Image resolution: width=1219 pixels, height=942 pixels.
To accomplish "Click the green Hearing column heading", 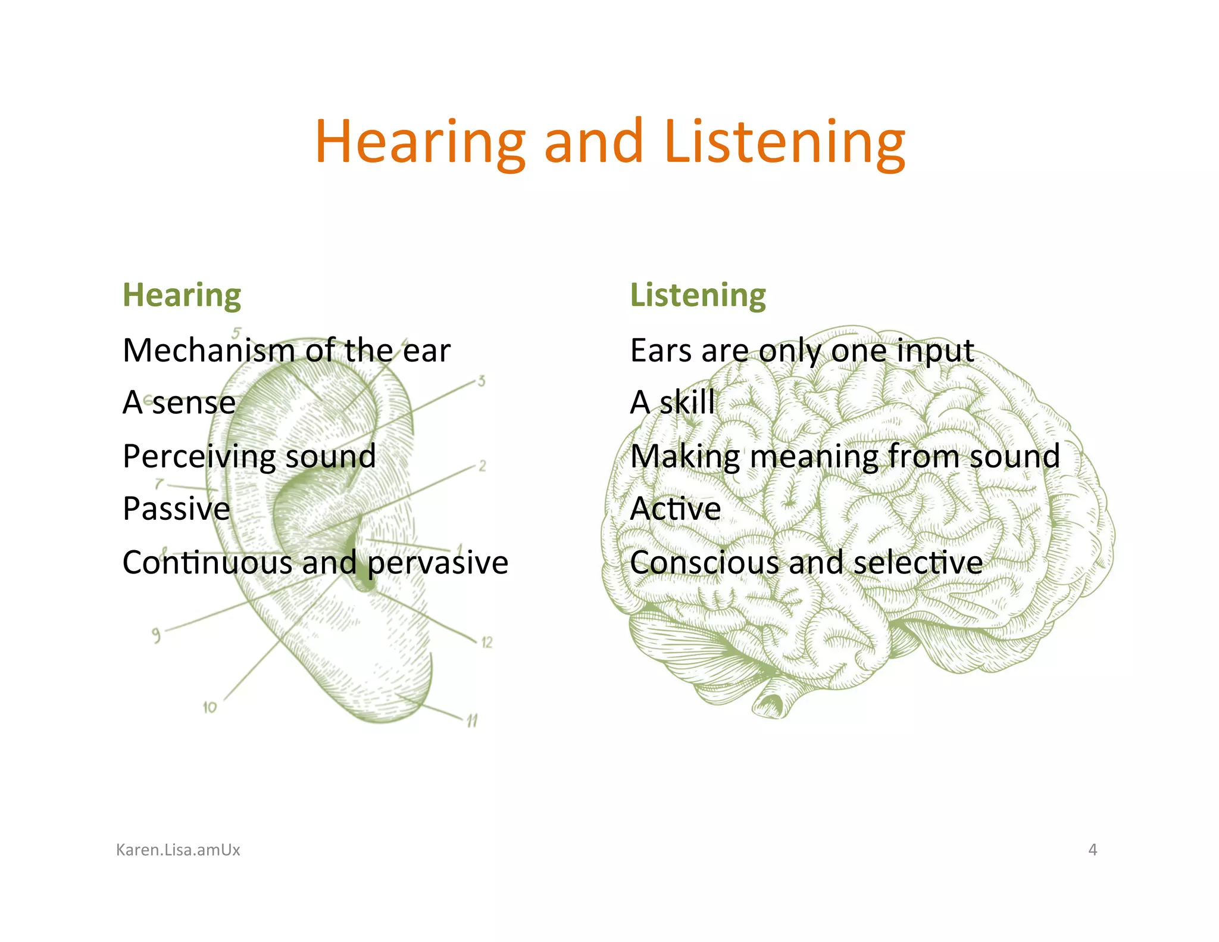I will pos(182,295).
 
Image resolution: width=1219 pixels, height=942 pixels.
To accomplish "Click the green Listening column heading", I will pos(698,295).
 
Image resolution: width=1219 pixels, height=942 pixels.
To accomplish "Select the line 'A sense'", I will pos(179,403).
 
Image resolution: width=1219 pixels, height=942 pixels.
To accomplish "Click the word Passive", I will pos(176,509).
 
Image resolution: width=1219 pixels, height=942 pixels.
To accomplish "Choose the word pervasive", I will pos(437,563).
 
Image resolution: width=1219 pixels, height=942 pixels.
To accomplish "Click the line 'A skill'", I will pos(672,403).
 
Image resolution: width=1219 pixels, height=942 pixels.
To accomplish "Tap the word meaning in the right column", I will pos(813,457).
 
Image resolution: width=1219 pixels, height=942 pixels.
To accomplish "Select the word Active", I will pos(675,509).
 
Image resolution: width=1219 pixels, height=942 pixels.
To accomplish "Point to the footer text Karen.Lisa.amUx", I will pos(178,850).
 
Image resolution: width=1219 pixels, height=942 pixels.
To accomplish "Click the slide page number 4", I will pos(1092,850).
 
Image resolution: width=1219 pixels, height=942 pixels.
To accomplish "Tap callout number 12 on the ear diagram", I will pos(487,642).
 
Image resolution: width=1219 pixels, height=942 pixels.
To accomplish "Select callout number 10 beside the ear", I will pos(210,707).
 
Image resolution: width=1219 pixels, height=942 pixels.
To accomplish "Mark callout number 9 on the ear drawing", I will pos(156,635).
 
